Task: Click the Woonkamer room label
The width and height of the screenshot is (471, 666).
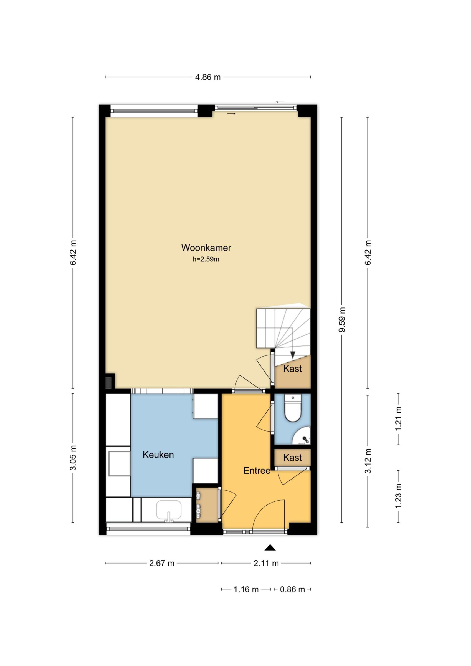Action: click(x=206, y=248)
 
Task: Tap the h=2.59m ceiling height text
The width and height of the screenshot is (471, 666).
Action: click(x=206, y=259)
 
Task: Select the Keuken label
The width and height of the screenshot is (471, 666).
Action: click(x=158, y=455)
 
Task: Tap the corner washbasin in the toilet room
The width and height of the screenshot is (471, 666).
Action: click(x=302, y=436)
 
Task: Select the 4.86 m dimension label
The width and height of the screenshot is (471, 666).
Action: click(x=208, y=77)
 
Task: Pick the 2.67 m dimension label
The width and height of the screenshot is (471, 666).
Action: click(x=161, y=563)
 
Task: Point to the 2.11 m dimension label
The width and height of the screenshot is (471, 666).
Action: click(x=266, y=563)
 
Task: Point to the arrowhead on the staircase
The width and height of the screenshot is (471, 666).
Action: click(x=293, y=354)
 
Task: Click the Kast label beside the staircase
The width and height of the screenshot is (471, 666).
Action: click(x=292, y=369)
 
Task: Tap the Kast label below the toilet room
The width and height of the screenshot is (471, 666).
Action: click(x=292, y=457)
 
